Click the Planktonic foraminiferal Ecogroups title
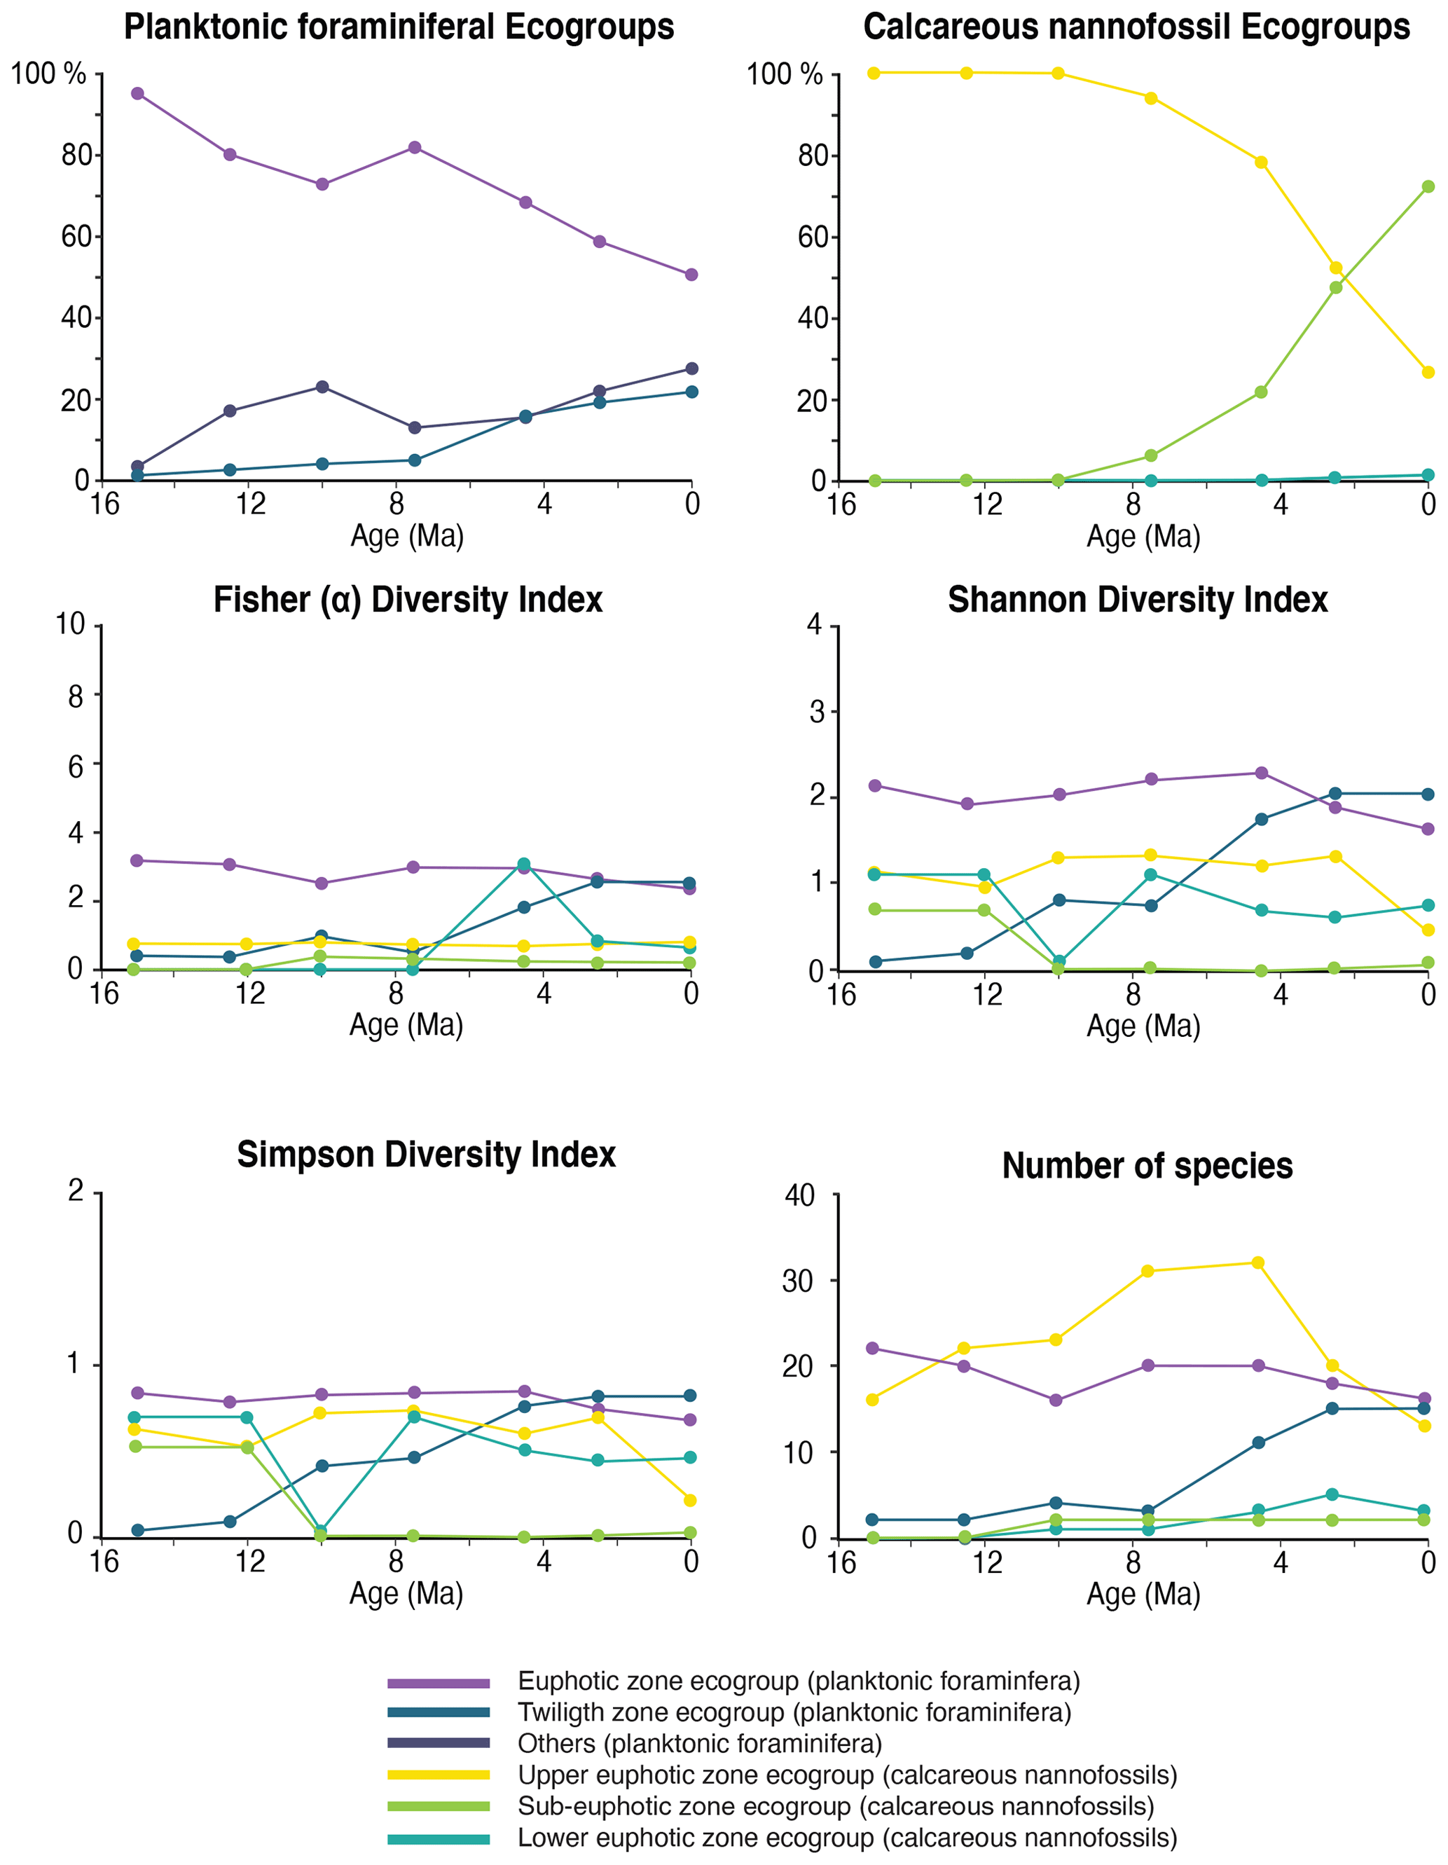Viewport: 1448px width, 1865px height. point(399,27)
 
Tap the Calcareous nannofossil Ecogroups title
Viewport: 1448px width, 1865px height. point(1136,27)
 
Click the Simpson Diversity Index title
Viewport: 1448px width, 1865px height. point(426,1155)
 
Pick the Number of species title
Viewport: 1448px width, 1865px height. point(1147,1166)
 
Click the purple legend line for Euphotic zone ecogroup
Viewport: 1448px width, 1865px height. point(438,1683)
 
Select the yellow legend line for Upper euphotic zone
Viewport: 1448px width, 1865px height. point(438,1775)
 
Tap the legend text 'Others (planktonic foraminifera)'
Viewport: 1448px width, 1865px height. point(699,1744)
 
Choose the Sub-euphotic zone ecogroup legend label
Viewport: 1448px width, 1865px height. point(835,1806)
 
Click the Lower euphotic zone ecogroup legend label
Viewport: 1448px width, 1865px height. point(847,1838)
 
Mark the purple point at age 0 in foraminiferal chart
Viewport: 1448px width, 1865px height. point(691,275)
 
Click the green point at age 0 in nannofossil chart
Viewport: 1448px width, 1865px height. point(1428,187)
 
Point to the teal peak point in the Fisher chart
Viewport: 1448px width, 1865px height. point(523,864)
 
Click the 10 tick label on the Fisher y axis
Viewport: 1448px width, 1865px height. point(70,624)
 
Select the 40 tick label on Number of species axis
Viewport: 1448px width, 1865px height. point(799,1195)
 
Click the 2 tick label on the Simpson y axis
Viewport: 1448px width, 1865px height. point(76,1190)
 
